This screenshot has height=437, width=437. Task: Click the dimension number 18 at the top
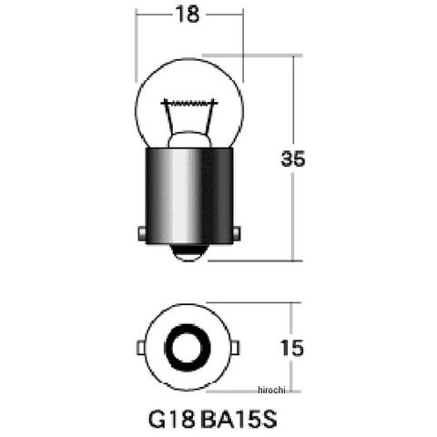pos(188,15)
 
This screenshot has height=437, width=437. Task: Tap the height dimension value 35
pos(293,158)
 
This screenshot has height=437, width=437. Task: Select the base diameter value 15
pos(292,348)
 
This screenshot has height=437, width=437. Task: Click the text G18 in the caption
pos(171,419)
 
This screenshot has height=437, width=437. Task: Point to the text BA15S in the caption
pos(239,419)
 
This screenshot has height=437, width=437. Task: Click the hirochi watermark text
pos(271,390)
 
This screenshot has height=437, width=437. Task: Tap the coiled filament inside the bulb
pos(189,103)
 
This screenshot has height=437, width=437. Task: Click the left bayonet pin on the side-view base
pos(142,233)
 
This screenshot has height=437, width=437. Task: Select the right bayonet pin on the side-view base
pos(237,233)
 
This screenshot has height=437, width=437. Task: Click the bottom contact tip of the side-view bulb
pos(188,253)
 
